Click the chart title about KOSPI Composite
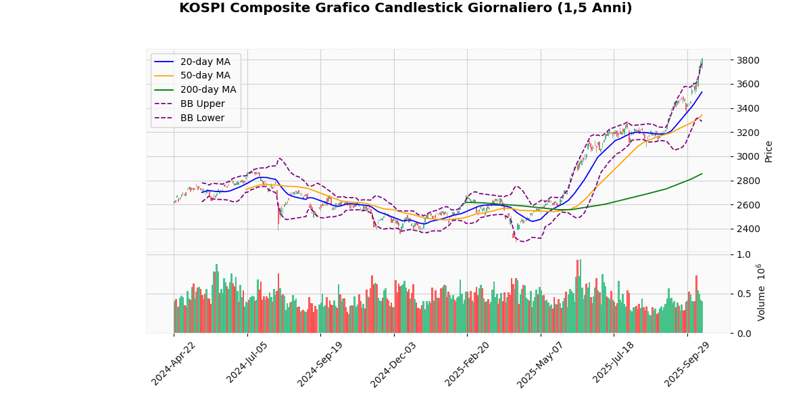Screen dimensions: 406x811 coord(405,9)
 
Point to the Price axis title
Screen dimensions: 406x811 coord(768,152)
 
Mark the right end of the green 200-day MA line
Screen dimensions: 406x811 coord(702,173)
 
